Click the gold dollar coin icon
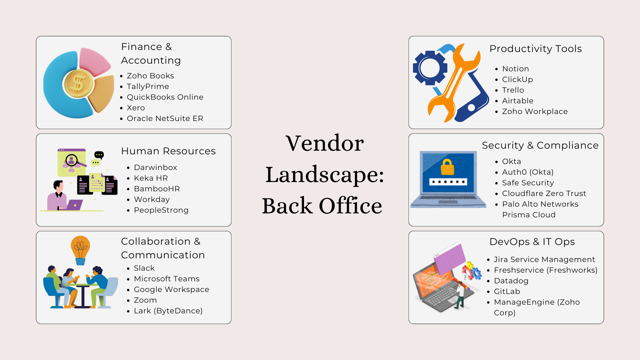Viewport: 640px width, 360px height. tap(78, 83)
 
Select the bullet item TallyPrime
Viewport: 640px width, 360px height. tap(148, 86)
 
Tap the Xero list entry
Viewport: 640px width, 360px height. tap(136, 108)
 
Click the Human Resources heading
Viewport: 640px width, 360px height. tap(168, 151)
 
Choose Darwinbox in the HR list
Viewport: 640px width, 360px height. tap(155, 167)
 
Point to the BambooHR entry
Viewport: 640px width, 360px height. tap(157, 189)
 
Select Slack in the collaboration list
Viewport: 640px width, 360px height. tap(144, 268)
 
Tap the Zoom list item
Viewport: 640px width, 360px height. tap(145, 300)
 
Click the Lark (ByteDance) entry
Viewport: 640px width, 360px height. tap(168, 311)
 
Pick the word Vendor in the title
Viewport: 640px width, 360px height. tap(324, 143)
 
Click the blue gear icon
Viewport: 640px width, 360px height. tap(430, 68)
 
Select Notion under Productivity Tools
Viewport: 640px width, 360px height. tap(515, 69)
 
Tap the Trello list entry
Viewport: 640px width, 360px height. tap(513, 90)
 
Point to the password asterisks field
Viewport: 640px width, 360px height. tap(448, 182)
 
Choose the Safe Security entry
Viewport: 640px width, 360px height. tap(528, 183)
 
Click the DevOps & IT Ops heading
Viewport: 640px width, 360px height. tap(532, 242)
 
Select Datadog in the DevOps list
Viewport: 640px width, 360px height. tap(511, 281)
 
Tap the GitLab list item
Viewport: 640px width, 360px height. tap(507, 291)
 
